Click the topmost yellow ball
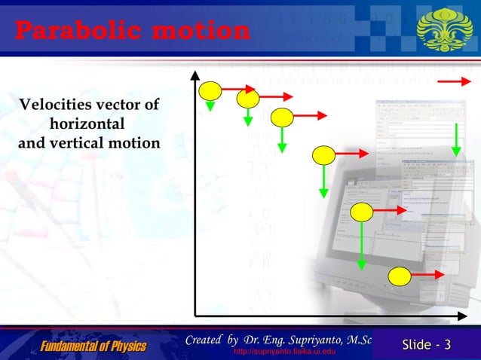(x=210, y=90)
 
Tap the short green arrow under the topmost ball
(x=210, y=105)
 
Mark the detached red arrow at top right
(x=457, y=81)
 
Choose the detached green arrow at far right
(x=456, y=138)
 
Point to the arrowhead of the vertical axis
(x=195, y=75)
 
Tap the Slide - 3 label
(x=427, y=346)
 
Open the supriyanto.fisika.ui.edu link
(x=284, y=353)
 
